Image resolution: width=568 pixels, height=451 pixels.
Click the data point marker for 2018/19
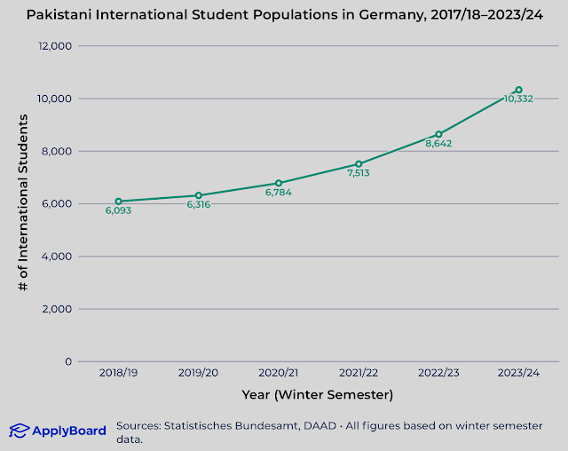[118, 202]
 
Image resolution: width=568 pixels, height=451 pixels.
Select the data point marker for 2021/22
[359, 164]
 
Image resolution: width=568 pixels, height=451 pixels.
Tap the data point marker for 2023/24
[518, 90]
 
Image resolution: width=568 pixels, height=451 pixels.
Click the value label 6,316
[198, 205]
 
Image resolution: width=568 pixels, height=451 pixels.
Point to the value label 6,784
[278, 193]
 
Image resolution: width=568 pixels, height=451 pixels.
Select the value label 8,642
[438, 144]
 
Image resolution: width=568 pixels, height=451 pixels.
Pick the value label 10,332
[518, 99]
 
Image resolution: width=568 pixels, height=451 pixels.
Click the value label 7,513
[359, 174]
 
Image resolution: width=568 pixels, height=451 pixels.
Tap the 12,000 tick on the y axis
[55, 46]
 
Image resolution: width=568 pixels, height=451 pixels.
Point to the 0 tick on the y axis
[68, 362]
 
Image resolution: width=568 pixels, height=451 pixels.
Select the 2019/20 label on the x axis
[198, 374]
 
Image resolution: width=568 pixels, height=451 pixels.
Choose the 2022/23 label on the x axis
[438, 374]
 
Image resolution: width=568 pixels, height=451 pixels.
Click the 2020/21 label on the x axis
[278, 374]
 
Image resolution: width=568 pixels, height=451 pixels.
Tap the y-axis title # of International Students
[24, 204]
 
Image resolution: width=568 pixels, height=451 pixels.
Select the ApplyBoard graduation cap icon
[19, 431]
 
